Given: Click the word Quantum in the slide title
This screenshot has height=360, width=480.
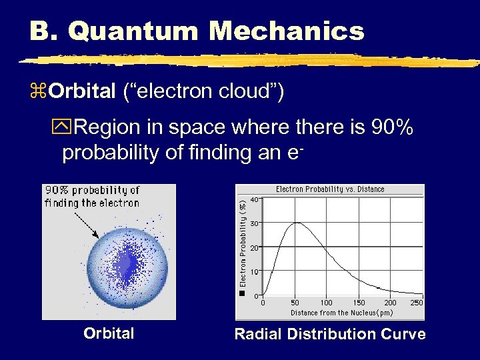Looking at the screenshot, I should tap(142, 31).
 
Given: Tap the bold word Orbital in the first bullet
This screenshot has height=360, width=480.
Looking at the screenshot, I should tap(82, 91).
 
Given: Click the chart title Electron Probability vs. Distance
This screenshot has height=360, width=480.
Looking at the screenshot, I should tap(330, 189).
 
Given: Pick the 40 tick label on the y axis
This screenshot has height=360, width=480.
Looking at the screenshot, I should tap(255, 199).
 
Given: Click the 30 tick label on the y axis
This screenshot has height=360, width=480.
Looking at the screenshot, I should tap(255, 223).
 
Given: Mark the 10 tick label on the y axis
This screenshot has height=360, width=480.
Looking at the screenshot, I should tap(255, 272).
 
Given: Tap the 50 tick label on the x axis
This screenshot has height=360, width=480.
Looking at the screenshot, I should tap(295, 303).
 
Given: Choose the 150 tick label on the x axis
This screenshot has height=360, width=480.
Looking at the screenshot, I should tap(359, 303).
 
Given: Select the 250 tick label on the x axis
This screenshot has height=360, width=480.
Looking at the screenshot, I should tap(417, 303).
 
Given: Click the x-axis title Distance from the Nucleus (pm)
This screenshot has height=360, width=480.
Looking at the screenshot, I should tap(341, 313).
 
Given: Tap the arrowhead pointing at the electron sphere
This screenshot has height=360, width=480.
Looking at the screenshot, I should tap(98, 235).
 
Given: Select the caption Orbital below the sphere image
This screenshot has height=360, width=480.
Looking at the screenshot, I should tap(109, 333).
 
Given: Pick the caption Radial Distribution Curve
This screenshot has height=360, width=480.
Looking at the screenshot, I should tap(330, 334).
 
